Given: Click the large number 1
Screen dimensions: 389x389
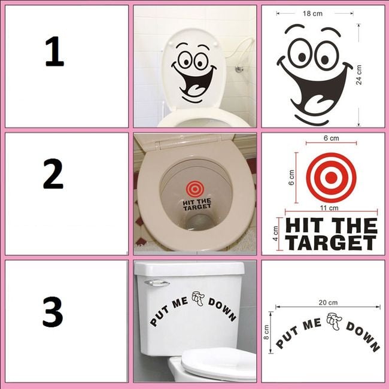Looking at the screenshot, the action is pyautogui.click(x=54, y=51).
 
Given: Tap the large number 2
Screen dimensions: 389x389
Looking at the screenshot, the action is pyautogui.click(x=53, y=174).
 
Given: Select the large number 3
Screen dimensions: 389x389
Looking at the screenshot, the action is pyautogui.click(x=53, y=312).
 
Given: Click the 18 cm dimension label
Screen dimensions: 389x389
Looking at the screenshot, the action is pyautogui.click(x=312, y=13).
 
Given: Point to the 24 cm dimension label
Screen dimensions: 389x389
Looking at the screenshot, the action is pyautogui.click(x=358, y=75).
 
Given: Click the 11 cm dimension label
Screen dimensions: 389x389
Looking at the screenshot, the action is pyautogui.click(x=329, y=208).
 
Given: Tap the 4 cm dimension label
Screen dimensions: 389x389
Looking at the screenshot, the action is pyautogui.click(x=275, y=233).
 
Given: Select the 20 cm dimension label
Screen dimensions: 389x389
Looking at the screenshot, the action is pyautogui.click(x=328, y=302).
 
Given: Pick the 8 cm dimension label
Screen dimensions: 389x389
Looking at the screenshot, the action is pyautogui.click(x=266, y=332).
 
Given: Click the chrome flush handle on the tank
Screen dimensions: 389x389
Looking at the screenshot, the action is pyautogui.click(x=157, y=283).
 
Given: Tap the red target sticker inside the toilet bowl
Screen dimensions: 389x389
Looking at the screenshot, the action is pyautogui.click(x=195, y=189).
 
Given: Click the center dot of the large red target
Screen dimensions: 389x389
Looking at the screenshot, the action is pyautogui.click(x=331, y=177).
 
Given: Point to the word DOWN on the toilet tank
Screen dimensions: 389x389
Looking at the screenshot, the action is pyautogui.click(x=222, y=309).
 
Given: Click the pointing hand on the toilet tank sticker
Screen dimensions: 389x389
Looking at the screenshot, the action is pyautogui.click(x=197, y=299).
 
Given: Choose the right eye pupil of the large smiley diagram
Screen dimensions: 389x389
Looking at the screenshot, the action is pyautogui.click(x=325, y=59).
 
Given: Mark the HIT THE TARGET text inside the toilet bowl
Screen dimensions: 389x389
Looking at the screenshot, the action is pyautogui.click(x=197, y=204).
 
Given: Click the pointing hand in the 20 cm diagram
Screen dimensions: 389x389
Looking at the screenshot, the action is pyautogui.click(x=334, y=321).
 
